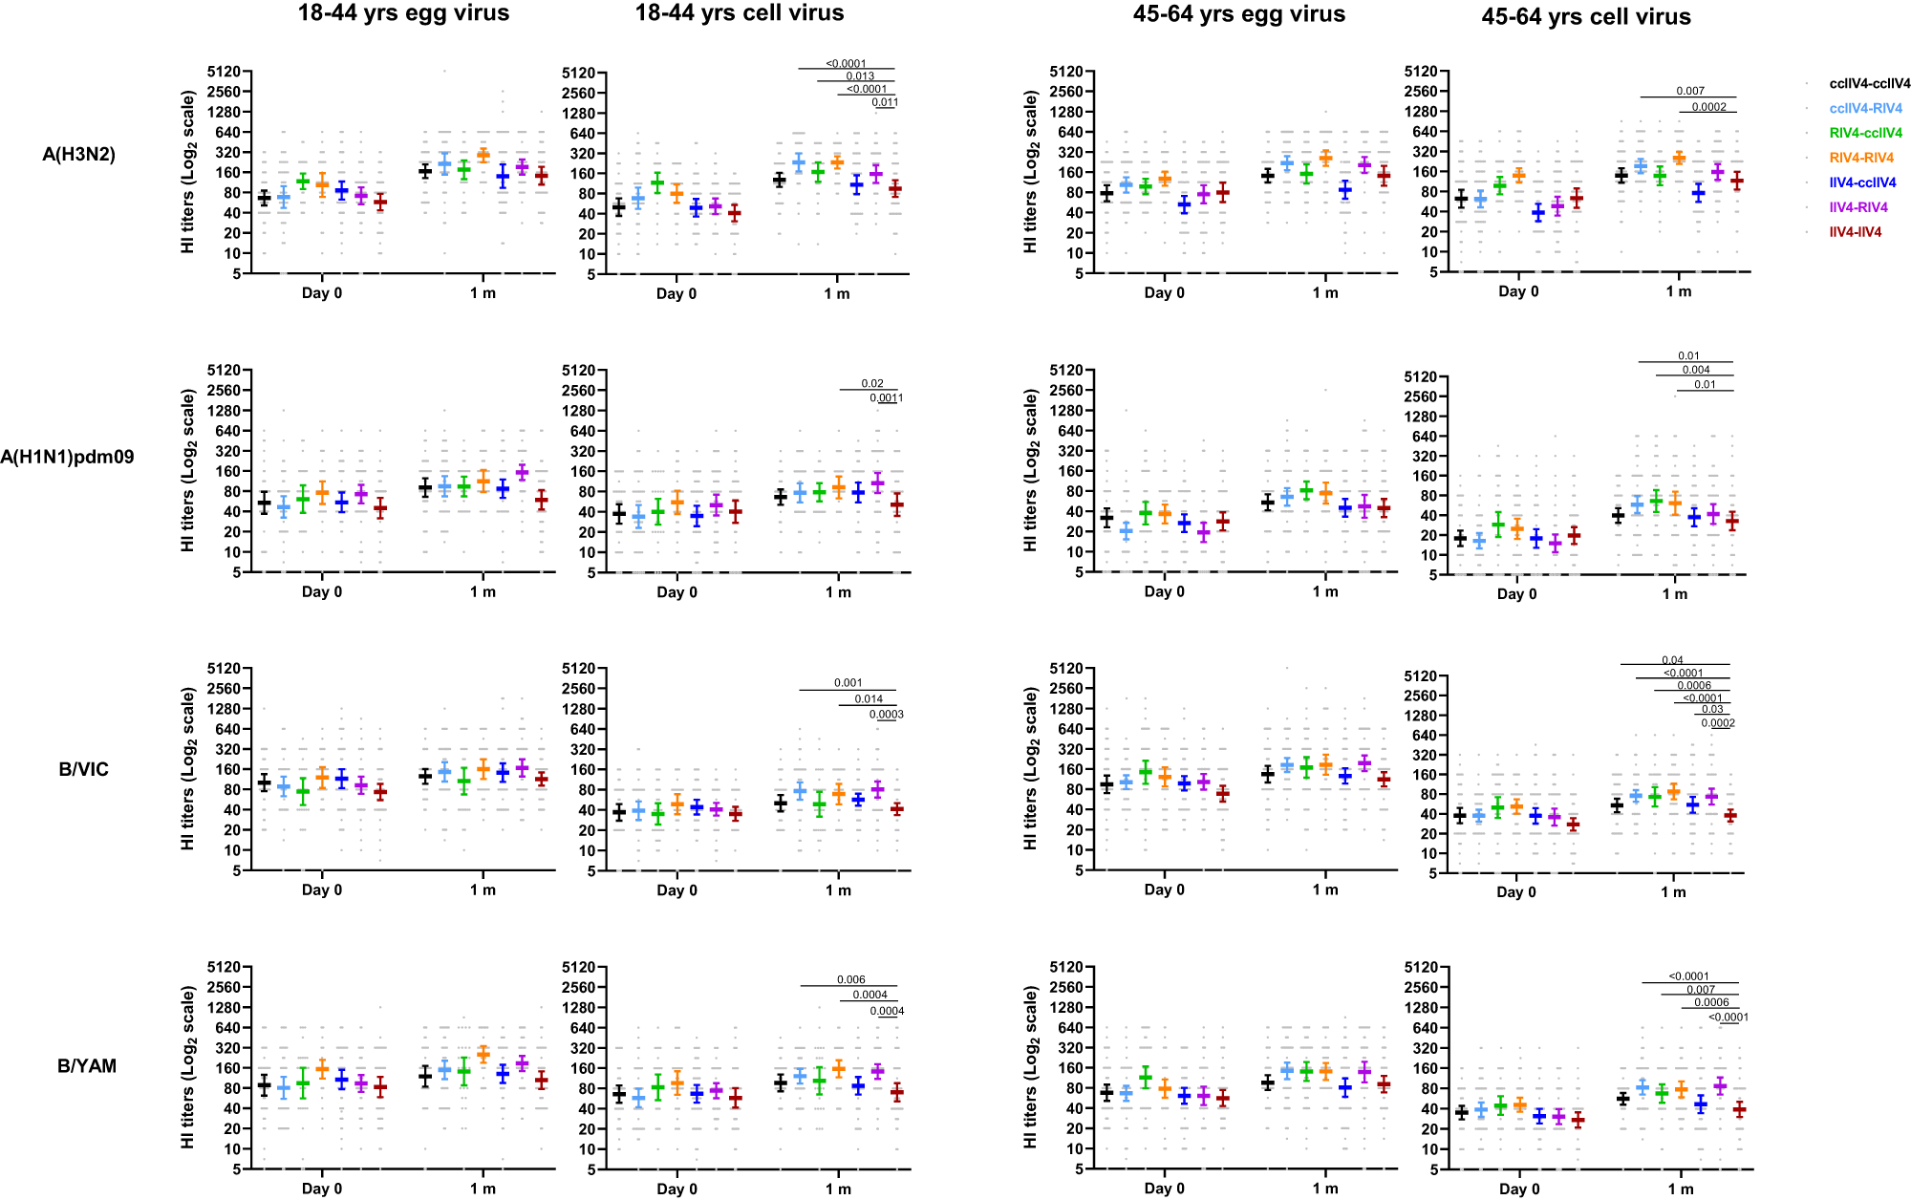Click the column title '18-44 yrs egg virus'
point(403,13)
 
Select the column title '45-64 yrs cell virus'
point(1586,17)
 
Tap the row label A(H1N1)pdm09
point(67,458)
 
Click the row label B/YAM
point(87,1066)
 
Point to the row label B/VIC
point(84,770)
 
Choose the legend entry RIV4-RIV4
point(1861,158)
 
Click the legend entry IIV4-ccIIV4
point(1862,182)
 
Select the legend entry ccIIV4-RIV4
point(1865,108)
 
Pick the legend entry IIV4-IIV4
point(1855,232)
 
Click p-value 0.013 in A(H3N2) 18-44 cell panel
point(860,76)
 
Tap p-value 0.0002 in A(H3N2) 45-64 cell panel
point(1709,107)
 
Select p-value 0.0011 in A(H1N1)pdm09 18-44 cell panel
point(886,397)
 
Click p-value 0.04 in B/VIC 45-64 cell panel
point(1672,660)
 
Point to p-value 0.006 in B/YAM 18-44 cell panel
point(850,979)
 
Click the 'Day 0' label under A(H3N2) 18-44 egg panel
point(321,293)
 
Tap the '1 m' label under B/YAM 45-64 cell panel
point(1681,1189)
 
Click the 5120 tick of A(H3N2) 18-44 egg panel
point(229,72)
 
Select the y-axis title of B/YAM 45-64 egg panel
point(1030,1067)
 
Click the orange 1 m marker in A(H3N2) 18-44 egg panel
point(483,155)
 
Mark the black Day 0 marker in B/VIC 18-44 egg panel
point(265,783)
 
